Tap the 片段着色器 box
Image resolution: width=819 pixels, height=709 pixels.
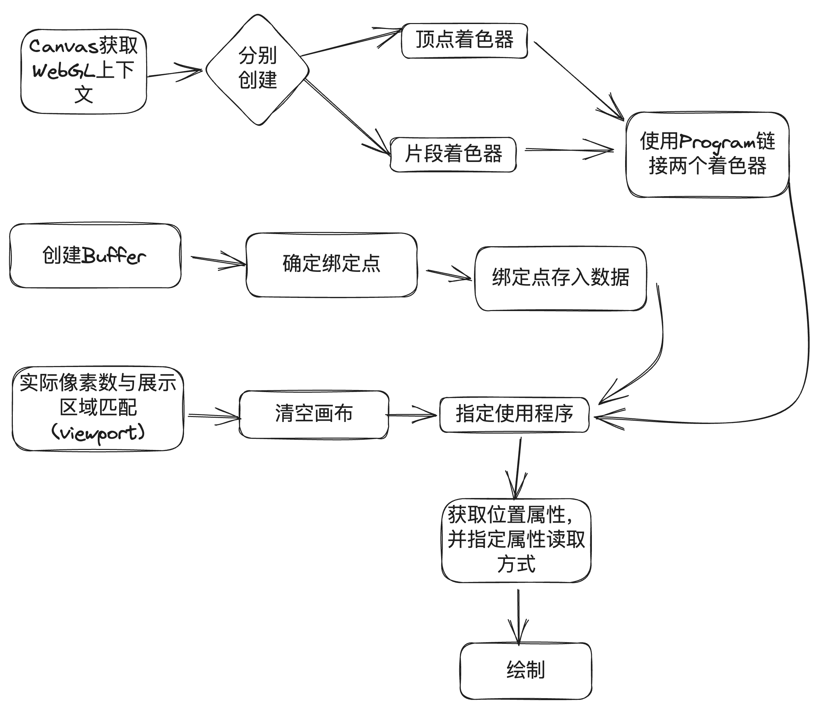click(453, 154)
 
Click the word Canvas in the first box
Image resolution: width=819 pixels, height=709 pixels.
click(63, 47)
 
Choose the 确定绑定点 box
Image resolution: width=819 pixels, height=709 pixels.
click(331, 264)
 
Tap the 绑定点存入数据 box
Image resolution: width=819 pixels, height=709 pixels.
click(560, 278)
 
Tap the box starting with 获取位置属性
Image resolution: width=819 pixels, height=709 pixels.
click(516, 540)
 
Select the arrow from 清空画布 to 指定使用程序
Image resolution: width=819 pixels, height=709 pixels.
click(411, 415)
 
